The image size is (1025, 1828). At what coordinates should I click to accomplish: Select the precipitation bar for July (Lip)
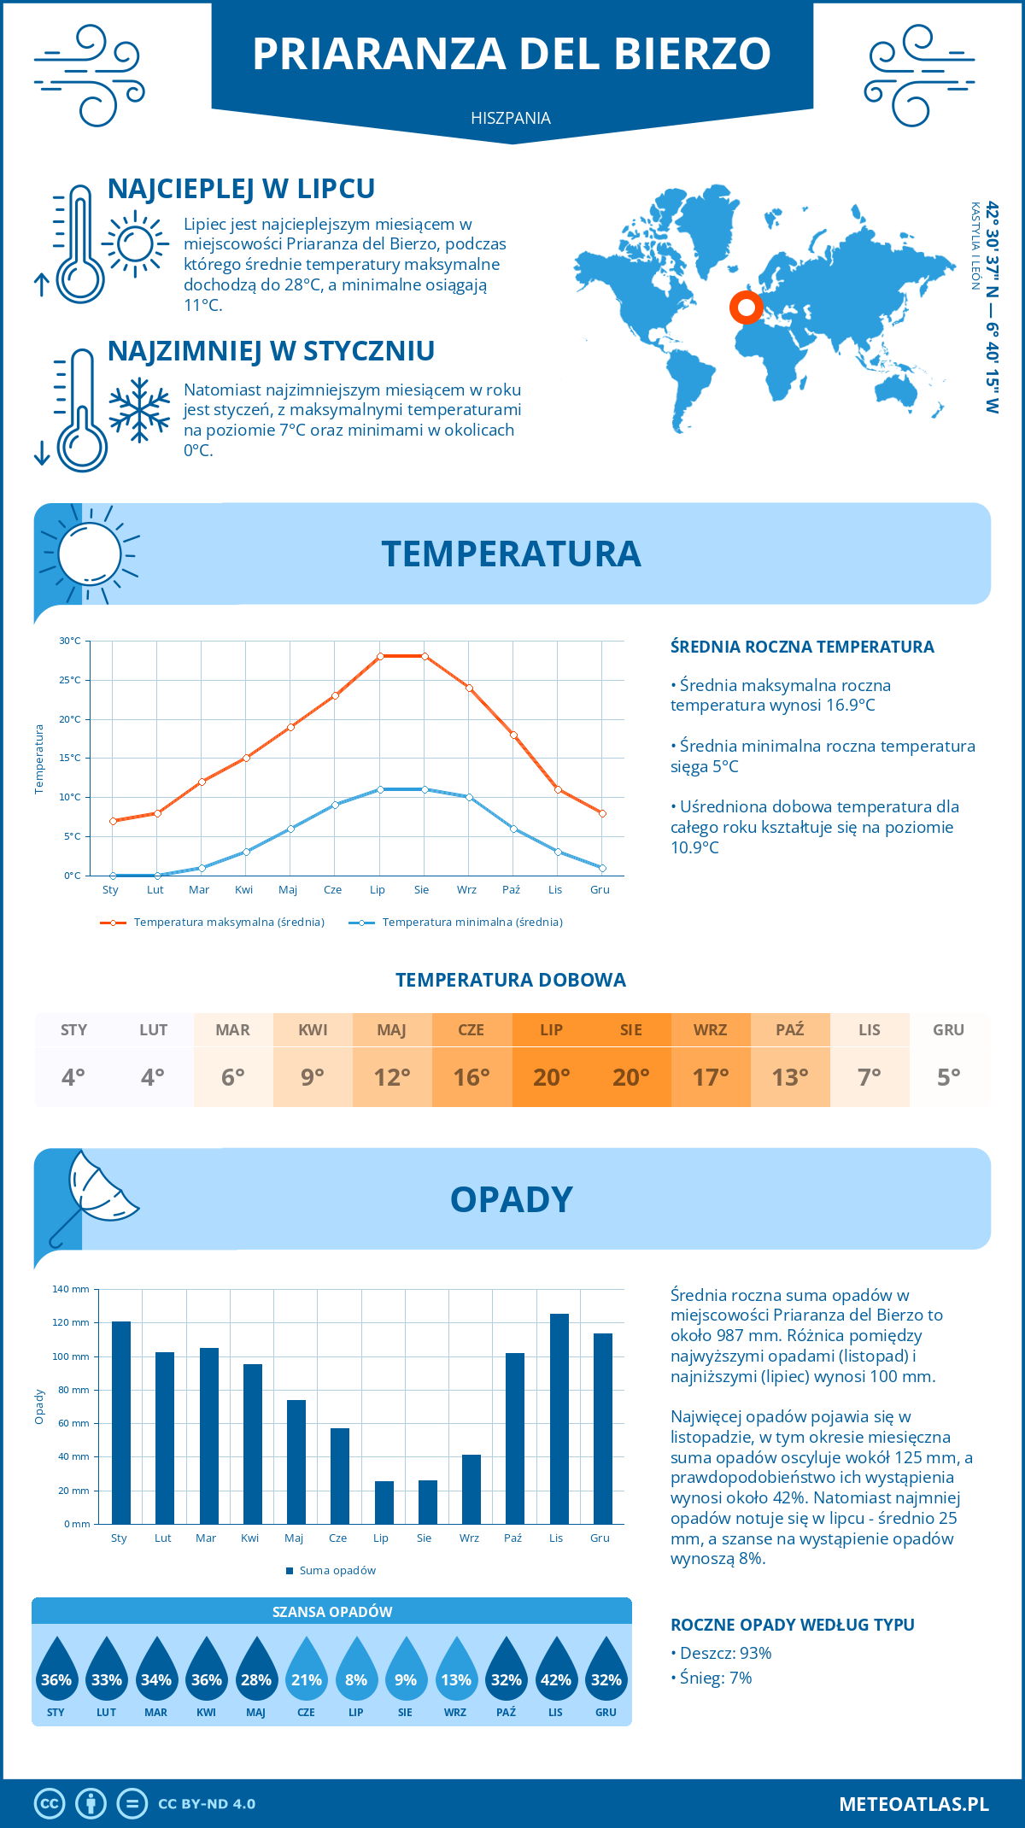tap(384, 1503)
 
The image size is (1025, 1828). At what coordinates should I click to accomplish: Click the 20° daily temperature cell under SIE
tap(631, 1076)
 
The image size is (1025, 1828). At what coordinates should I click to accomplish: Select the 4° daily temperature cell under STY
tap(73, 1076)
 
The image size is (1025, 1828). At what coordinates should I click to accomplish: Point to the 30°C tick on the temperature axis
tap(70, 641)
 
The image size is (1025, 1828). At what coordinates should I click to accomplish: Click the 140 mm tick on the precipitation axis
tap(71, 1289)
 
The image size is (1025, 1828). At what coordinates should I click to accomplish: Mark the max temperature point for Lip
tap(380, 656)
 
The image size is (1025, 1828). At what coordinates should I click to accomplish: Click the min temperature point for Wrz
tap(469, 797)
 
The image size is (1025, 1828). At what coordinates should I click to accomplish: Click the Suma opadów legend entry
tap(337, 1571)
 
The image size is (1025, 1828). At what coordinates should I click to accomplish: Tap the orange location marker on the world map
tap(746, 307)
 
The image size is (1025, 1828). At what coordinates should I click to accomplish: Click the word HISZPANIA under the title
tap(511, 118)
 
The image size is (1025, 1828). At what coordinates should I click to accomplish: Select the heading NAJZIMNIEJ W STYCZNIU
tap(271, 351)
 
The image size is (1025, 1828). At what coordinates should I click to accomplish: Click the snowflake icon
tap(139, 410)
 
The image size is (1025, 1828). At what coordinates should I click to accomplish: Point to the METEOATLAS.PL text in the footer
tap(913, 1804)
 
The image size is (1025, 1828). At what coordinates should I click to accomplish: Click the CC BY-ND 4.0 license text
tap(207, 1804)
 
